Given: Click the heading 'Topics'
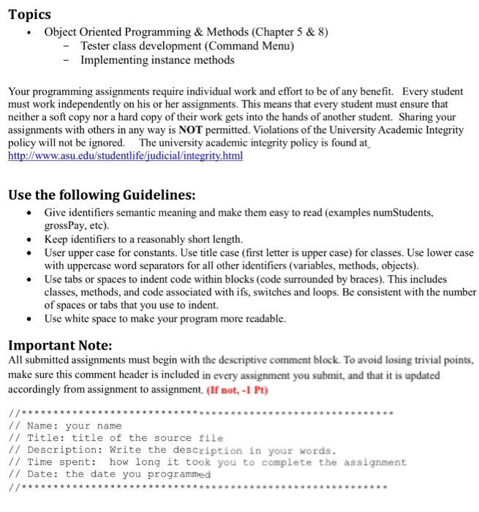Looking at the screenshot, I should (x=30, y=15).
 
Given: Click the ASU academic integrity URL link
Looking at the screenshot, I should (x=125, y=157).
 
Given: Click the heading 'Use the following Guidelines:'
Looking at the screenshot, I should (x=101, y=195).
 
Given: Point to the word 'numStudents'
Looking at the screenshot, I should (x=400, y=213).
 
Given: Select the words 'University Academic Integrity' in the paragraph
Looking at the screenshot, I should (x=390, y=130).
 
